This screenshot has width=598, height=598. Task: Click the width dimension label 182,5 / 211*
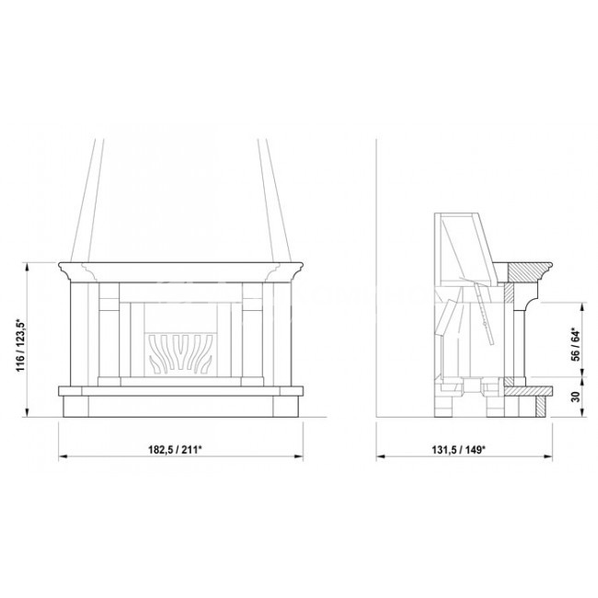pos(175,450)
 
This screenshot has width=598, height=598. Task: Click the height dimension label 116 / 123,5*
pos(20,345)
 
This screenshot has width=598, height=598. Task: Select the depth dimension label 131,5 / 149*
pos(458,450)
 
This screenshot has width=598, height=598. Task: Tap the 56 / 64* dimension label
pos(576,344)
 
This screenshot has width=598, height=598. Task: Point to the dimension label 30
pos(576,397)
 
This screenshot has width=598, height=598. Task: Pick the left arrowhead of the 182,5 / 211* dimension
pos(63,456)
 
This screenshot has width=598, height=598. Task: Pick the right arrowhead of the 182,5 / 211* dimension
pos(299,456)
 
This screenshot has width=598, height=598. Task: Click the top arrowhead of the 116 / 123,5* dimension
pos(27,267)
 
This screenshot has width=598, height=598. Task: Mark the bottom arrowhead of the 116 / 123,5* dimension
pos(27,412)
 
